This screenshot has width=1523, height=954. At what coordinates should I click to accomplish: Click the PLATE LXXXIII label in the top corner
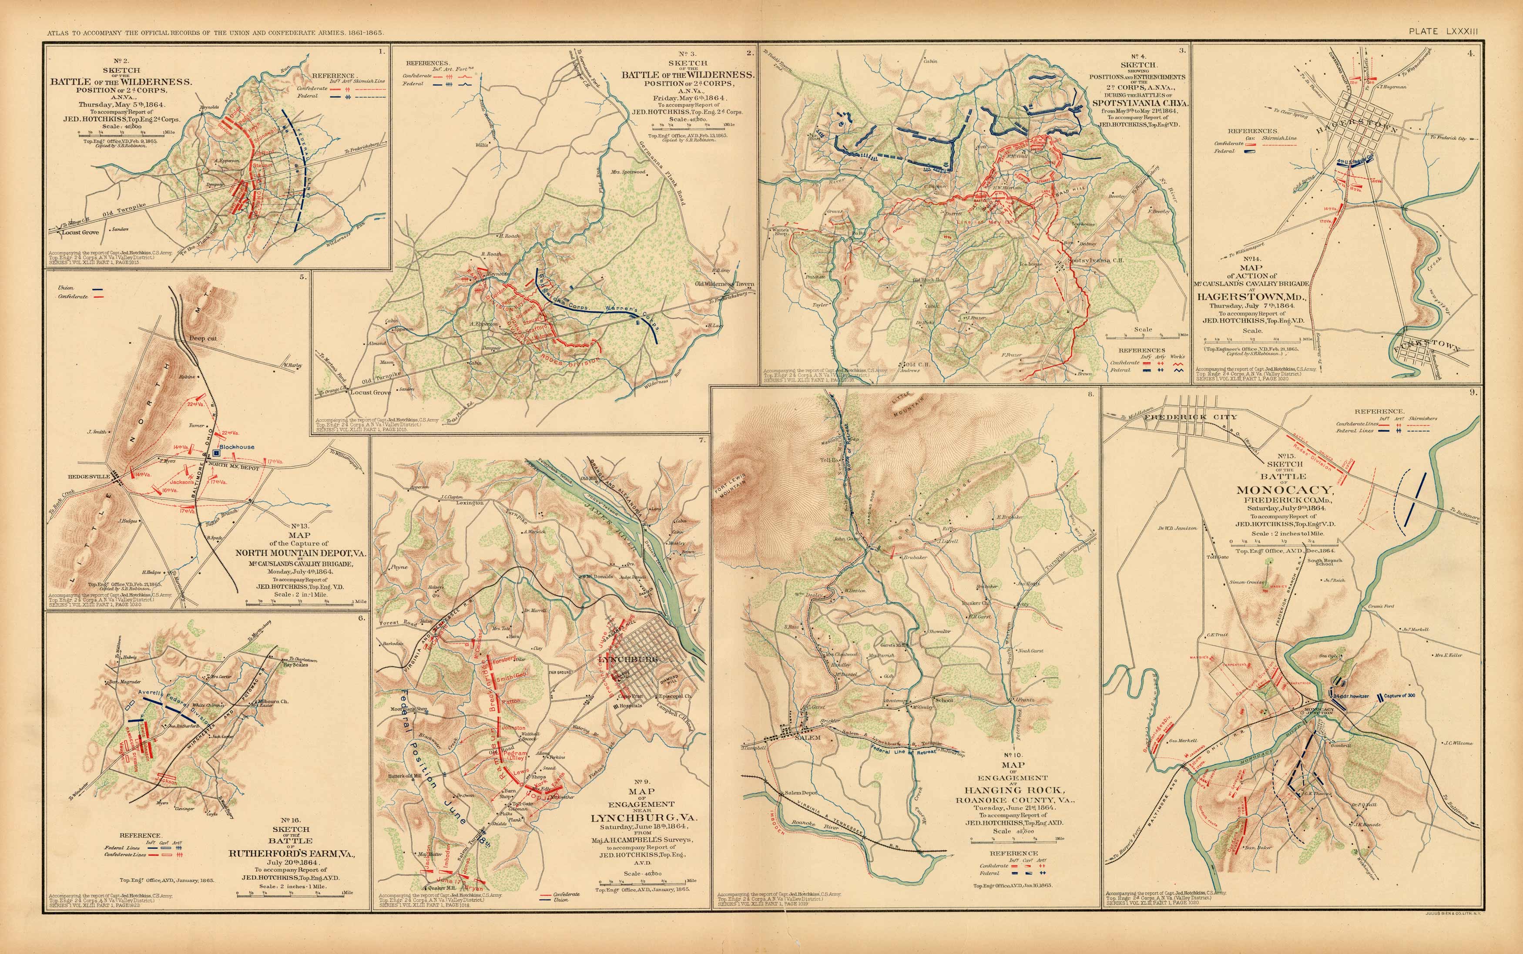pos(1443,31)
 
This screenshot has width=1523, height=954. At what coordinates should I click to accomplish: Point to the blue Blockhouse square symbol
pos(216,453)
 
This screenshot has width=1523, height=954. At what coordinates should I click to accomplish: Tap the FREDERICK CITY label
pos(1190,417)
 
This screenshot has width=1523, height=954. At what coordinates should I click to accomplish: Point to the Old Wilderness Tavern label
pos(724,284)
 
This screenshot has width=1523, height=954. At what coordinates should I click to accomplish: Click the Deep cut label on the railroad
pos(202,338)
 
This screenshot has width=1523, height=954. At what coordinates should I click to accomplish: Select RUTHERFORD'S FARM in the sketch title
pos(292,853)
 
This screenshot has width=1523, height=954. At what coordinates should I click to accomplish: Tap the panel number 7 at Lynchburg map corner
pos(702,440)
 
